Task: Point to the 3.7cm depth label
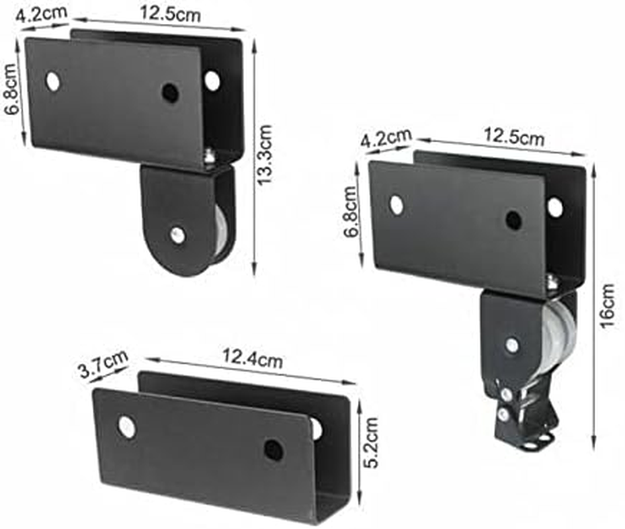pyautogui.click(x=103, y=364)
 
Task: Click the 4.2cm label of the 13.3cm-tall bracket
pyautogui.click(x=38, y=15)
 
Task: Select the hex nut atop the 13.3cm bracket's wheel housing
pyautogui.click(x=209, y=157)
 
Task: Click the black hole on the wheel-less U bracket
pyautogui.click(x=273, y=450)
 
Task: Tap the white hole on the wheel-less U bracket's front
pyautogui.click(x=126, y=427)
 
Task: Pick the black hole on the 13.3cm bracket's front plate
pyautogui.click(x=171, y=93)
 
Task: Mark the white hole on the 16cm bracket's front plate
pyautogui.click(x=397, y=205)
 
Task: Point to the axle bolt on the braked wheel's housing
pyautogui.click(x=512, y=344)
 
